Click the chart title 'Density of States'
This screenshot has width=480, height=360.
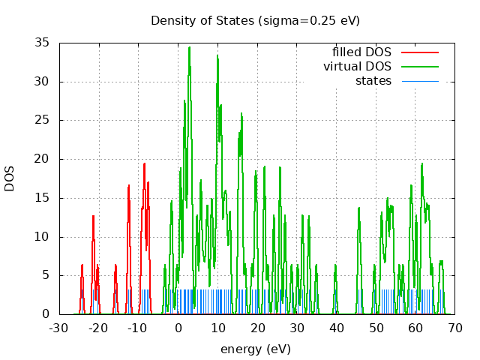coord(255,20)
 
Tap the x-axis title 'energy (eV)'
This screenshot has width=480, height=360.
coord(255,349)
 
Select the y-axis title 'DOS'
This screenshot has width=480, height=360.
coord(10,178)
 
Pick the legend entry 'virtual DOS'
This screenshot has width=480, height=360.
coord(357,67)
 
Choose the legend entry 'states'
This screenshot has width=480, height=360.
coord(373,80)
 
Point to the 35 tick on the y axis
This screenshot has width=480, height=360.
coord(43,43)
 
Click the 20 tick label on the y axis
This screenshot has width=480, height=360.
coord(43,159)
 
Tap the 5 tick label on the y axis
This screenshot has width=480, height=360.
coord(46,275)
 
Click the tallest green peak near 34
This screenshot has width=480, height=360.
coord(189,47)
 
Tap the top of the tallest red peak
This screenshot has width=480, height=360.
coord(145,163)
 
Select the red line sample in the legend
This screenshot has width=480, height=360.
coord(419,52)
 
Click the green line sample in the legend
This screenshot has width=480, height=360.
coord(419,67)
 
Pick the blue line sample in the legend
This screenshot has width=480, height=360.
coord(419,80)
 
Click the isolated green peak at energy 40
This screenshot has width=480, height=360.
coord(335,265)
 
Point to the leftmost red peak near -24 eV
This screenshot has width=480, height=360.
coord(82,265)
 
